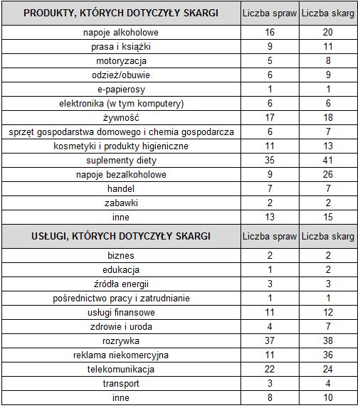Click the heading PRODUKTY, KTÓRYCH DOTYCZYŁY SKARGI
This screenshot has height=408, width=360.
[120, 14]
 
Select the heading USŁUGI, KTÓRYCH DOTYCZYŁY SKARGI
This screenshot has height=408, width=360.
[120, 236]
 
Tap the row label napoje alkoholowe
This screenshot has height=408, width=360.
[120, 33]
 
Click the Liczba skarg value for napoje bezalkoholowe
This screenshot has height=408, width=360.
[329, 175]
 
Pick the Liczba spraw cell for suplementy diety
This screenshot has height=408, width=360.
[269, 161]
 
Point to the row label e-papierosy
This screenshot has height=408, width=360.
[120, 90]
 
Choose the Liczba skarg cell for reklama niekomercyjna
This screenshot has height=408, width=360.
[329, 355]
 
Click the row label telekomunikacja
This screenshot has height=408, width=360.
[120, 369]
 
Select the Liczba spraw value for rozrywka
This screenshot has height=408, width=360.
[269, 340]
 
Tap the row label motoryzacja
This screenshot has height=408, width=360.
[120, 61]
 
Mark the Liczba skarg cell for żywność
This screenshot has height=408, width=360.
[329, 118]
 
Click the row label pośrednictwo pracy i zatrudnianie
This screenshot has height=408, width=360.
[120, 299]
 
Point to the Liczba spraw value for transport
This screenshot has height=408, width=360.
[269, 383]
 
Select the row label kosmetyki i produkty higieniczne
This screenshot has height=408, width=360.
[120, 146]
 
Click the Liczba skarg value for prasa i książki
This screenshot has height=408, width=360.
[329, 47]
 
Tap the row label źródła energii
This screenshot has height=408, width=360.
[120, 284]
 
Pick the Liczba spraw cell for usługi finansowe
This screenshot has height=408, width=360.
[269, 313]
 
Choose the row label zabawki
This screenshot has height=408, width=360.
[120, 203]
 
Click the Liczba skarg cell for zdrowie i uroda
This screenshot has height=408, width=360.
[329, 327]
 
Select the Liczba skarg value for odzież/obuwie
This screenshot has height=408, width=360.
[329, 75]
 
